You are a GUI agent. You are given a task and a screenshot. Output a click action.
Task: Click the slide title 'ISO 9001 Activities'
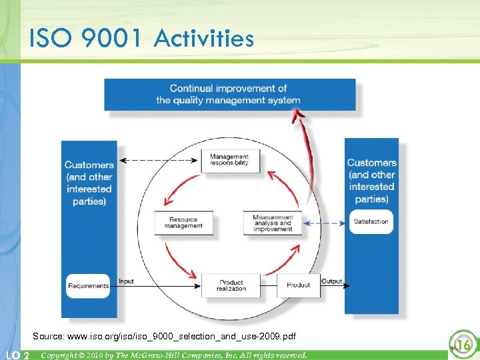(141, 38)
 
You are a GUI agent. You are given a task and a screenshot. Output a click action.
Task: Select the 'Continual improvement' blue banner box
(229, 94)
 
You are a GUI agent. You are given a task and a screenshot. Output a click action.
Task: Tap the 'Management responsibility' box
(229, 160)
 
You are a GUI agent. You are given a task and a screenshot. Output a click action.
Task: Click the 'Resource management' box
(184, 223)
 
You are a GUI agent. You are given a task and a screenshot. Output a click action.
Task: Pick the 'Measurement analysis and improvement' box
(273, 223)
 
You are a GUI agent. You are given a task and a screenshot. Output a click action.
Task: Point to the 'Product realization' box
(231, 285)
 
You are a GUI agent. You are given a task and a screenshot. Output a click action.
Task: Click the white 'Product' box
(298, 285)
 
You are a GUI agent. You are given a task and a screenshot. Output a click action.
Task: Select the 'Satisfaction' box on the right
(371, 222)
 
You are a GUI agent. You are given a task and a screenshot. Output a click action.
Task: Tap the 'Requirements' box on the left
(88, 285)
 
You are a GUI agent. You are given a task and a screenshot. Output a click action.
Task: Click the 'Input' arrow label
(126, 281)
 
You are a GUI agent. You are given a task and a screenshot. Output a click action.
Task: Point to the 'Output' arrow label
(331, 281)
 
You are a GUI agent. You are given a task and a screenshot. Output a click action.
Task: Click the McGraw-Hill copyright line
(174, 355)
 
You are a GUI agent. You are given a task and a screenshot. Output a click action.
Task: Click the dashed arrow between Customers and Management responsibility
(163, 160)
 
